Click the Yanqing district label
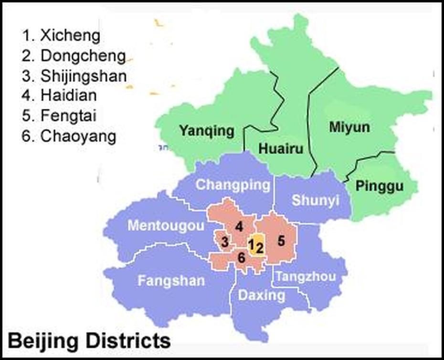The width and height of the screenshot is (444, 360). (206, 130)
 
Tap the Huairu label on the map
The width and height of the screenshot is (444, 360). (280, 149)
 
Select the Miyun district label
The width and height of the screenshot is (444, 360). (349, 127)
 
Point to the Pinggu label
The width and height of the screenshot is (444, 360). (379, 186)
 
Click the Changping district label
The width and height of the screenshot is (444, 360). (233, 184)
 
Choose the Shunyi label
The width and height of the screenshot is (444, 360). (315, 200)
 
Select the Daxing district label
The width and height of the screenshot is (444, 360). (262, 295)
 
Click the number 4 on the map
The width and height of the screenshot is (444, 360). (238, 226)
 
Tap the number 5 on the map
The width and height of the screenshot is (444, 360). (281, 241)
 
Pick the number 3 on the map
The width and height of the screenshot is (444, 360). (225, 244)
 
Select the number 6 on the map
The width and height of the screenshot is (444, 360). (241, 258)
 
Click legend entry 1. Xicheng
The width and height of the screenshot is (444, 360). (54, 35)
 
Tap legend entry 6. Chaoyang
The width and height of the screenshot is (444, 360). (69, 136)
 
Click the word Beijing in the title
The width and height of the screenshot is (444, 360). (43, 341)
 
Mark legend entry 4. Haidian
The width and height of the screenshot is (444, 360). (59, 95)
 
